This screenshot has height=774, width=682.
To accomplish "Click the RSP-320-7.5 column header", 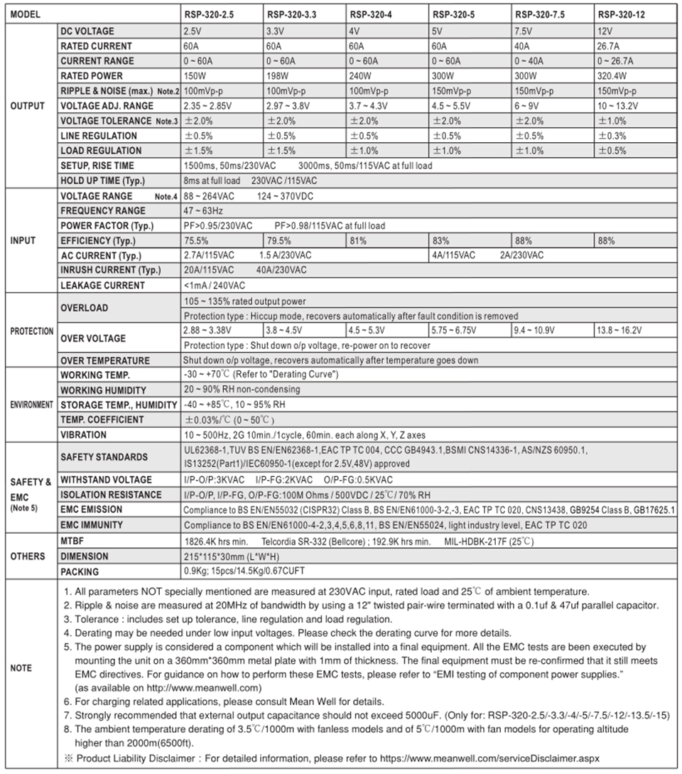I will click(540, 14).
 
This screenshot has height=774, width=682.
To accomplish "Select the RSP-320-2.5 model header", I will click(210, 14).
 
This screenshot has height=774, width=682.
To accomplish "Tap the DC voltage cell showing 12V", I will click(605, 31).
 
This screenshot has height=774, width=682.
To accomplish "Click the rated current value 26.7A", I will click(610, 46).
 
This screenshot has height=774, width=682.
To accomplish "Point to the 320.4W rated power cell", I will click(612, 76).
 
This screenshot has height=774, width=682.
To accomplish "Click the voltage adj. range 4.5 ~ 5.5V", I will click(451, 106).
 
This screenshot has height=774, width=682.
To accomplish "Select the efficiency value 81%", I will click(357, 241).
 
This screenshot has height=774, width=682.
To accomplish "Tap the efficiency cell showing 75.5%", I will click(197, 241).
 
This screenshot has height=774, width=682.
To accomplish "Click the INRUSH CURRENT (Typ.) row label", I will click(109, 270).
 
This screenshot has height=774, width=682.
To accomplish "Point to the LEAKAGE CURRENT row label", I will click(102, 286).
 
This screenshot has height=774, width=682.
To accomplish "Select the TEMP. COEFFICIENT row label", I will click(102, 420).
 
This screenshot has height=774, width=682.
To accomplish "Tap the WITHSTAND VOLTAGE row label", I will click(106, 480).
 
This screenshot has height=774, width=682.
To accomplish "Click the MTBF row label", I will click(72, 542).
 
